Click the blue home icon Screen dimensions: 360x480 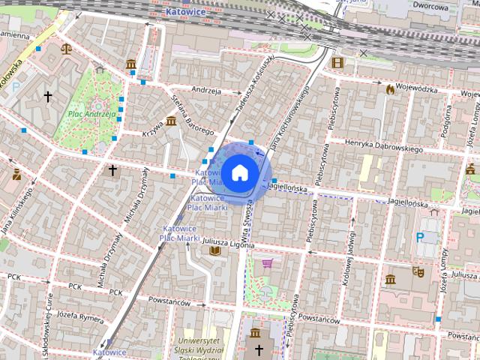pos(240,172)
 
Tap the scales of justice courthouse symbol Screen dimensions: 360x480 pos(66,47)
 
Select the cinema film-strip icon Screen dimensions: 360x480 pos(337,62)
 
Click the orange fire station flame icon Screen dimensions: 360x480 pos(390,89)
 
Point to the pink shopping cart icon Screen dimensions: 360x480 pos(268,263)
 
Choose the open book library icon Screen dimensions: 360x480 pos(215,250)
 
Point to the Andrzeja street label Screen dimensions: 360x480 pos(205,90)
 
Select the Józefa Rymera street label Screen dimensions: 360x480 pos(80,319)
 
